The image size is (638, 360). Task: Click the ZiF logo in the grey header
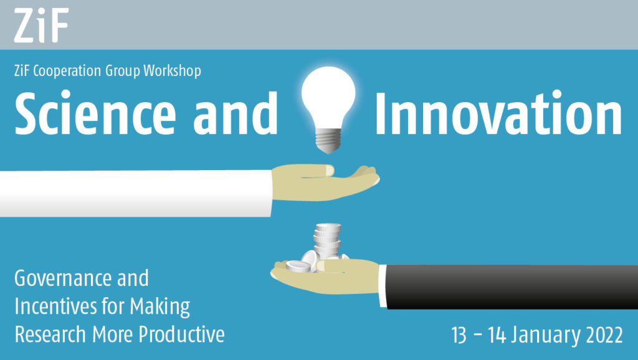point(41,25)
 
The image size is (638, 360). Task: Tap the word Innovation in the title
point(498,113)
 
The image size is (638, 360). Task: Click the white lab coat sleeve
point(135,193)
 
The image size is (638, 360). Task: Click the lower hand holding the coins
point(325,276)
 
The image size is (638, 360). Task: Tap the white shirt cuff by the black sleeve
point(383,285)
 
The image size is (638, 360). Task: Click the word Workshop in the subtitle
point(172,71)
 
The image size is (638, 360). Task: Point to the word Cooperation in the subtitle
point(67,71)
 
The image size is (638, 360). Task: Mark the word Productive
point(181,334)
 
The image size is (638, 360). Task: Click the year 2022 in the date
point(604,335)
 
